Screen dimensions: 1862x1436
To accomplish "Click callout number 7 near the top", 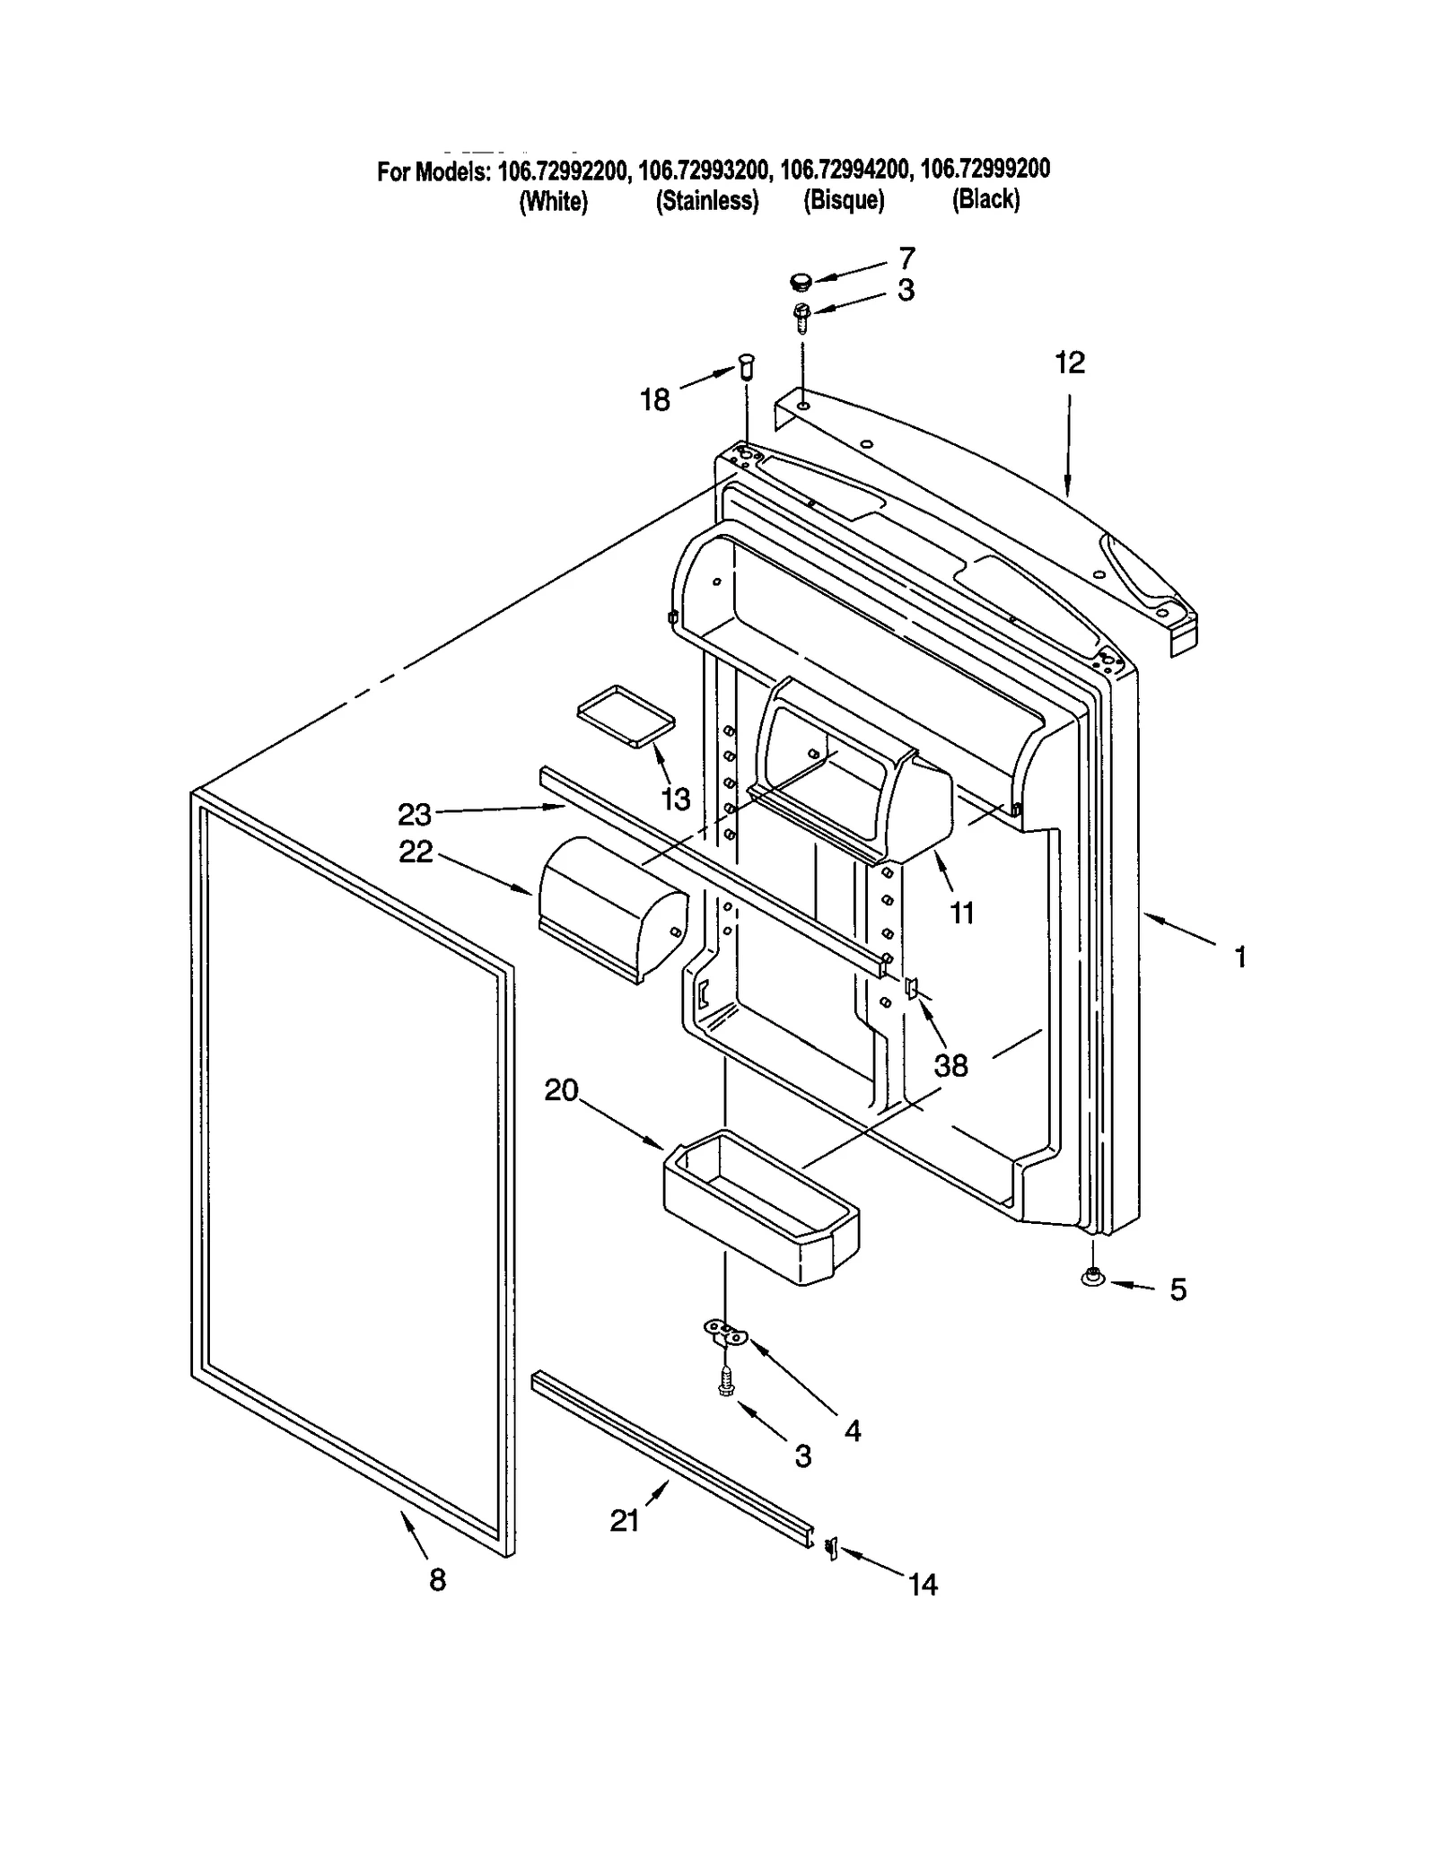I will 906,258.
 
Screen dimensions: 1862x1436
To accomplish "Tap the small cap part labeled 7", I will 800,283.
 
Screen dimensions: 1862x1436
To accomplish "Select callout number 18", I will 654,399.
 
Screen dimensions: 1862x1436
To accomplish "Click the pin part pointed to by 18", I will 746,366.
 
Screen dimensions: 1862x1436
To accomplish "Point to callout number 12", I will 1069,363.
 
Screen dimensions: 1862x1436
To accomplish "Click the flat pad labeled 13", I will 625,715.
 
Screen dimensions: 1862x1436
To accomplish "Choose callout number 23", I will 415,814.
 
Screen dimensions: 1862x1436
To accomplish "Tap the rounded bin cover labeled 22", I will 612,909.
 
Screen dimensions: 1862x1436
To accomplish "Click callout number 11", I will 961,913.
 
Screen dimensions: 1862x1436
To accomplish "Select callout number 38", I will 950,1065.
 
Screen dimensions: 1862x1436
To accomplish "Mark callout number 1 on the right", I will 1240,957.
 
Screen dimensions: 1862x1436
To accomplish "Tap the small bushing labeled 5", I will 1092,1276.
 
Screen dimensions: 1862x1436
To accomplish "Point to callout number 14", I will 923,1585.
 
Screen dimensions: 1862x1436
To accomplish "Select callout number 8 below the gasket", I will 437,1579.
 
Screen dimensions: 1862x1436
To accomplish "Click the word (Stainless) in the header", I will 707,200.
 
